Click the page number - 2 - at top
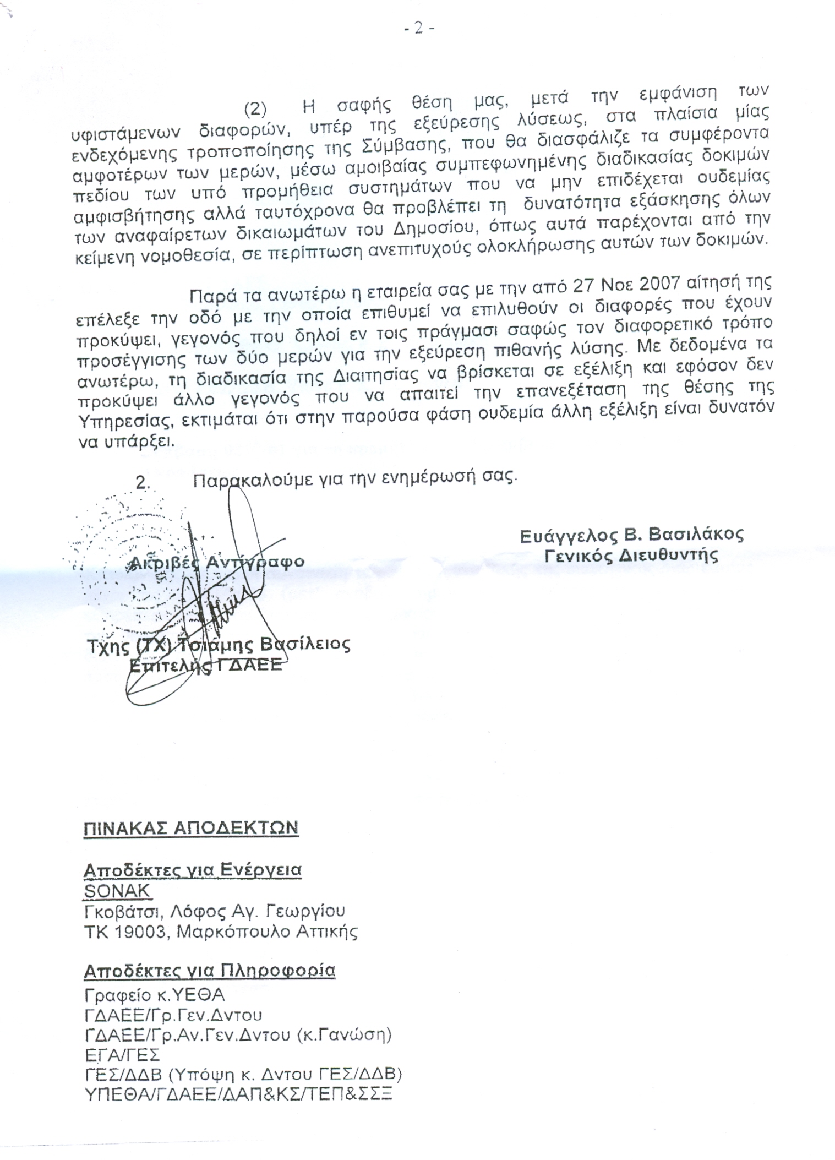tap(419, 28)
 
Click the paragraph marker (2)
tap(255, 108)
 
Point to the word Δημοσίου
tap(437, 228)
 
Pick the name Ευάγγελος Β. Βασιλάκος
tap(631, 535)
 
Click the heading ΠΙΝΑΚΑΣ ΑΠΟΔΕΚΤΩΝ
tap(191, 827)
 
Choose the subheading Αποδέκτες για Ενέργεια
tap(192, 870)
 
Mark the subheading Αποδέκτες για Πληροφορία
tap(209, 971)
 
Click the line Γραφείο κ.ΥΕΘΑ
tap(155, 995)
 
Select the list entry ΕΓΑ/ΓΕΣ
tap(122, 1055)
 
